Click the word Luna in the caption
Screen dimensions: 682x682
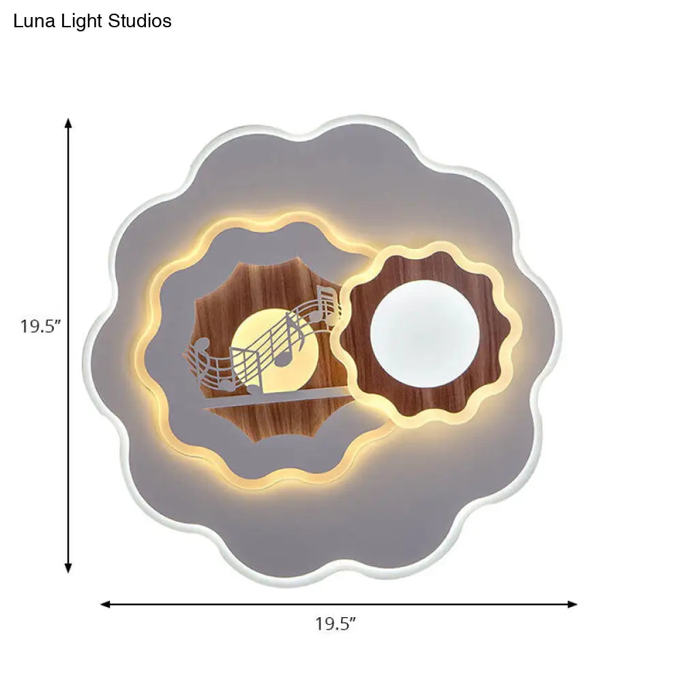31,21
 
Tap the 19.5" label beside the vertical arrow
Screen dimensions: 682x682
41,326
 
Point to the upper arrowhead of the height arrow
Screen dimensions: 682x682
68,123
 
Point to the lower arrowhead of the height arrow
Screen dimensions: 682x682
68,567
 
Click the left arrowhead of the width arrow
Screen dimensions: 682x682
105,604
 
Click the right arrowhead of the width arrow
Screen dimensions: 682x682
573,604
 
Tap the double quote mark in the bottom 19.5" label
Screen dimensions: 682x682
353,619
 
